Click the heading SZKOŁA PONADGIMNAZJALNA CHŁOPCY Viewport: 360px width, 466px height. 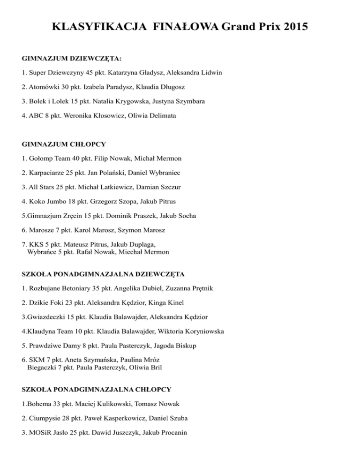[96, 389]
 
